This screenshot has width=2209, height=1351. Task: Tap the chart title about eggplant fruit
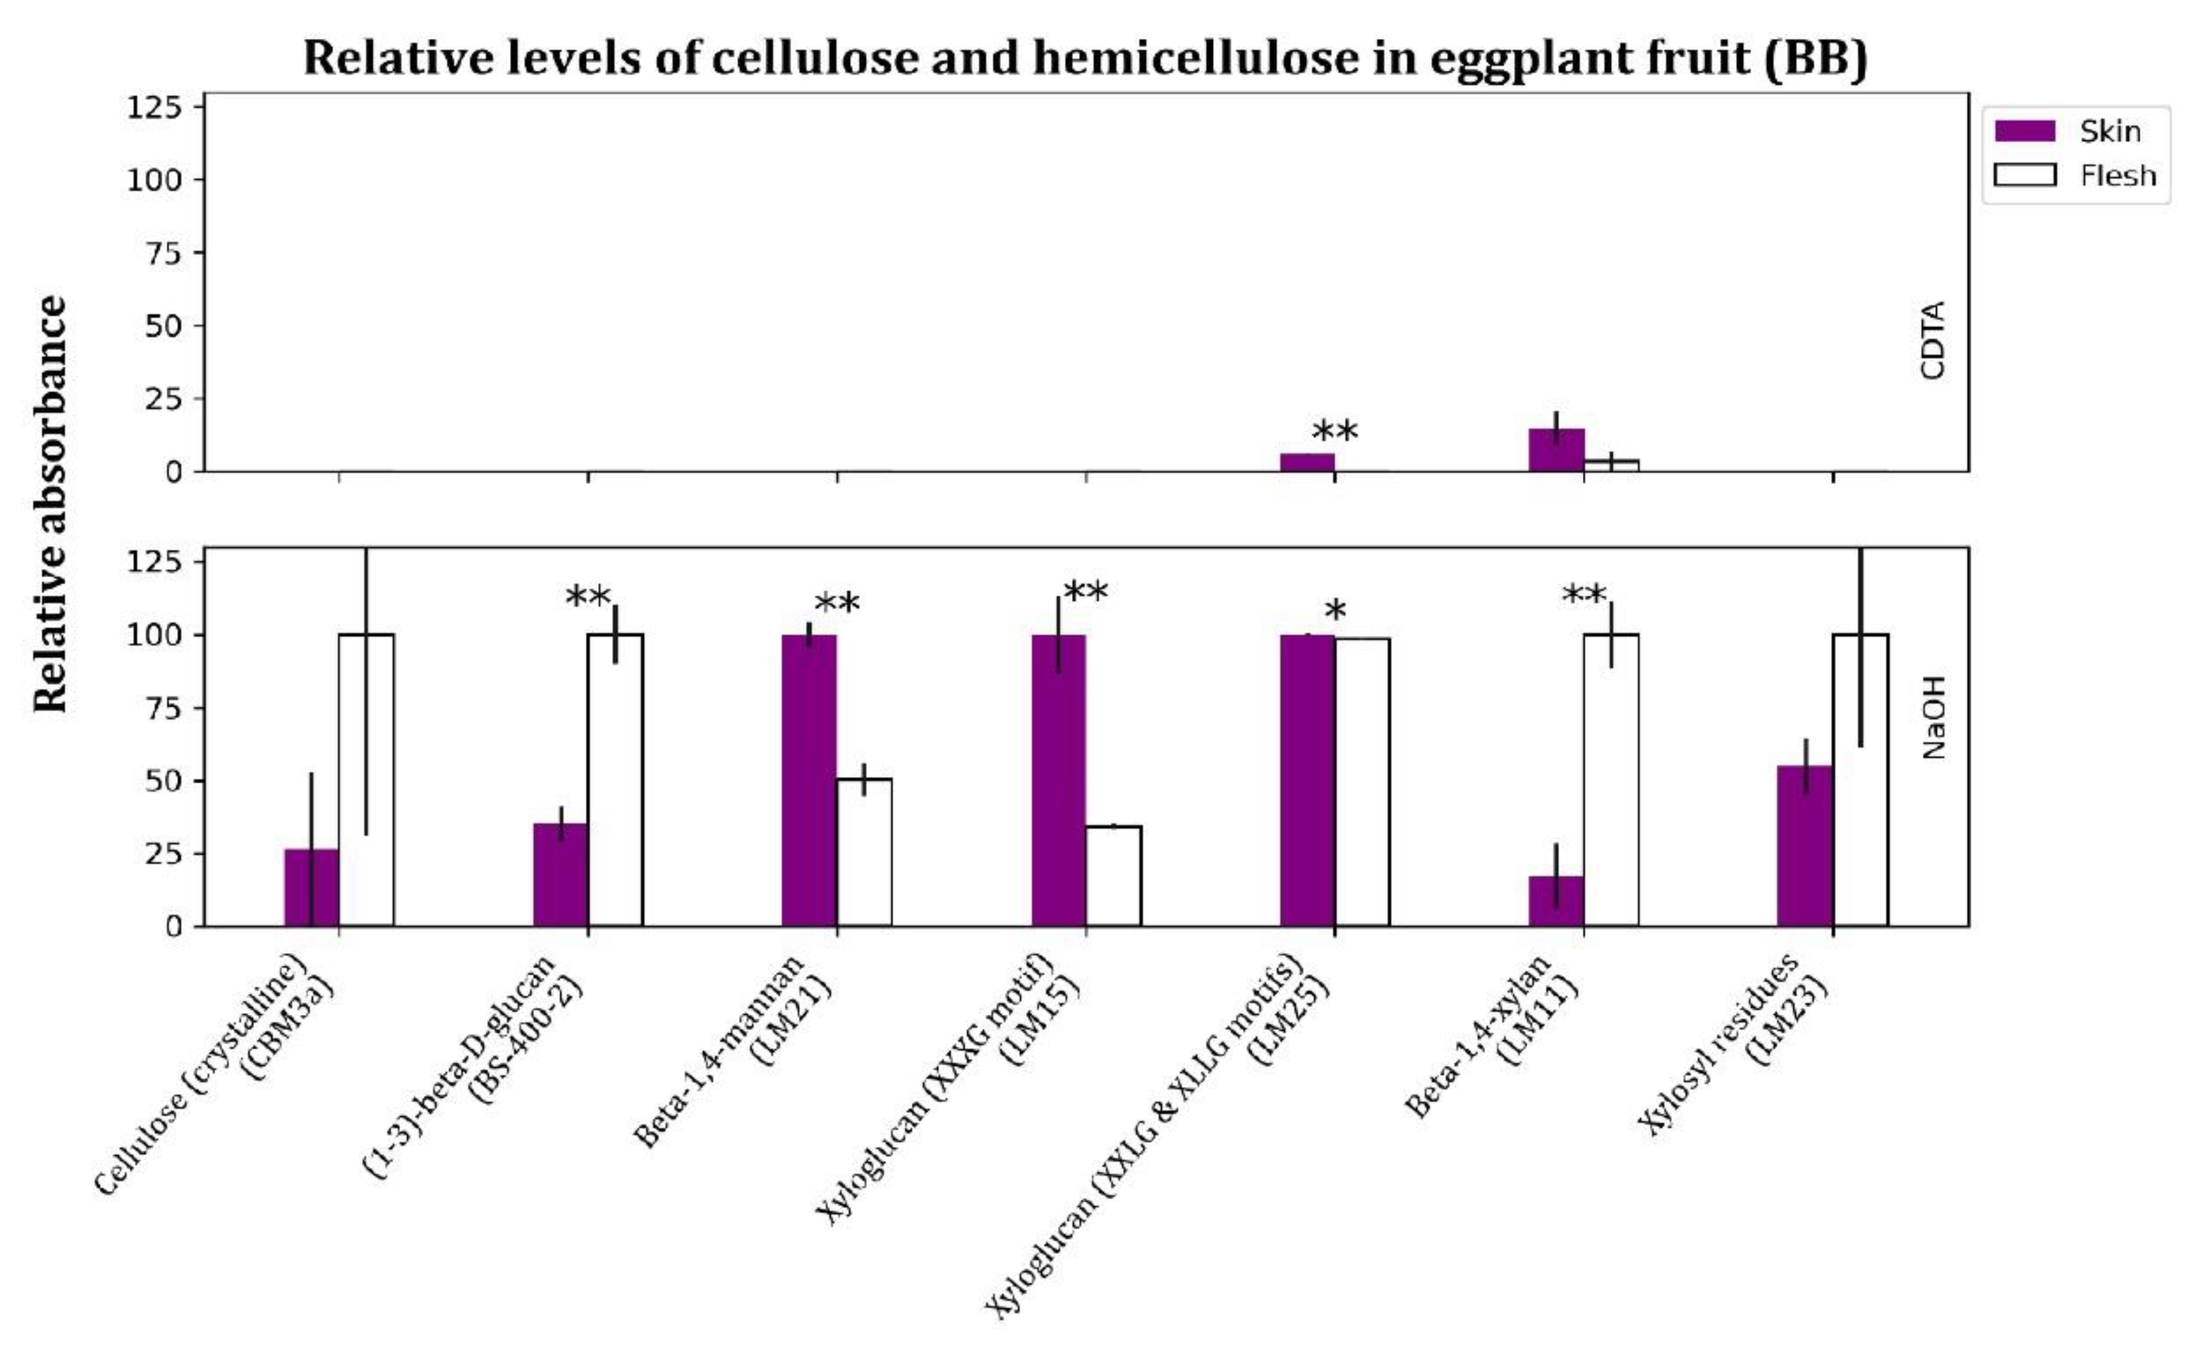(1085, 58)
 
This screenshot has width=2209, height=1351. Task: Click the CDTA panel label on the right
(1933, 341)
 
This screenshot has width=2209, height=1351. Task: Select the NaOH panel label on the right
(1933, 717)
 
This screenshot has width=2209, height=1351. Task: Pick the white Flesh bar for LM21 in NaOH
(864, 853)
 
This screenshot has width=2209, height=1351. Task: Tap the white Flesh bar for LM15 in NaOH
(1113, 876)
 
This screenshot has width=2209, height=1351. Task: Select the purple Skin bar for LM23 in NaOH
(1805, 846)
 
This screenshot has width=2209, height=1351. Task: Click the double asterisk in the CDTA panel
(1335, 434)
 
